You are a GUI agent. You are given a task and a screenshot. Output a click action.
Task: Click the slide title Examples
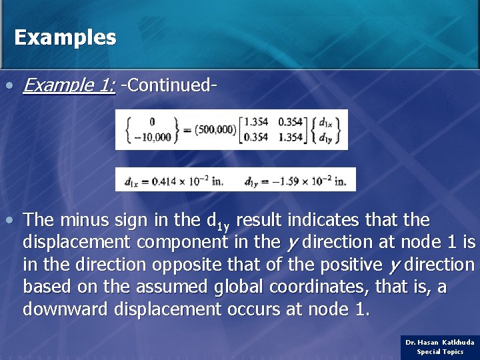coord(65,37)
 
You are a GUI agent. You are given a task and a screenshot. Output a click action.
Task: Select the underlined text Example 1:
coord(69,85)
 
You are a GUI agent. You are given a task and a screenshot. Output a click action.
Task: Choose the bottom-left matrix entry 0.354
coord(256,137)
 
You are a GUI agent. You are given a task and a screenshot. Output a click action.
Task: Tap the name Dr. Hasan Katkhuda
coord(440,342)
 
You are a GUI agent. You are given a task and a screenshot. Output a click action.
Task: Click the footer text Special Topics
coord(440,351)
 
